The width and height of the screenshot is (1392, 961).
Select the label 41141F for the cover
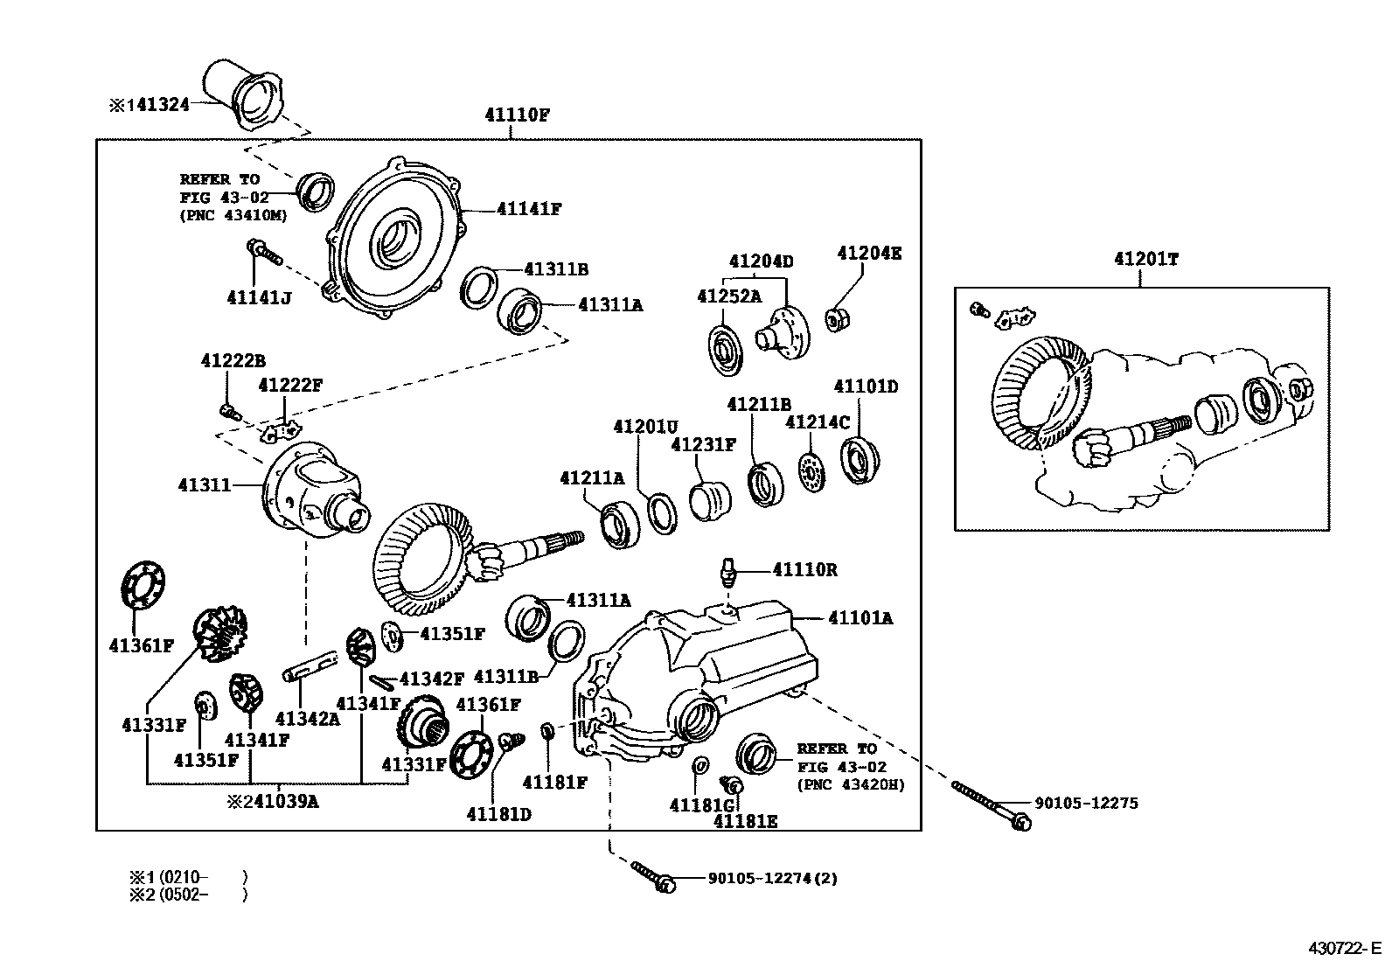528,209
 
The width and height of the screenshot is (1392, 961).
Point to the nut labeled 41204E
836,320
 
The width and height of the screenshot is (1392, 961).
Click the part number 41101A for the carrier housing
860,618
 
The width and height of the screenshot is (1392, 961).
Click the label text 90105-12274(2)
771,879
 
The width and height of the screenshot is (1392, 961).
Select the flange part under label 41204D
784,331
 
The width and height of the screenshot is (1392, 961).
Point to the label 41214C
818,422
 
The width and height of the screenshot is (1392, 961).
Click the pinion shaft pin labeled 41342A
310,665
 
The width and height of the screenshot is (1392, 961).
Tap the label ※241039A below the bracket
273,801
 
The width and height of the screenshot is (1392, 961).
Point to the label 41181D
498,814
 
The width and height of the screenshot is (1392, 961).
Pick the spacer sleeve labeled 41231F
709,500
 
